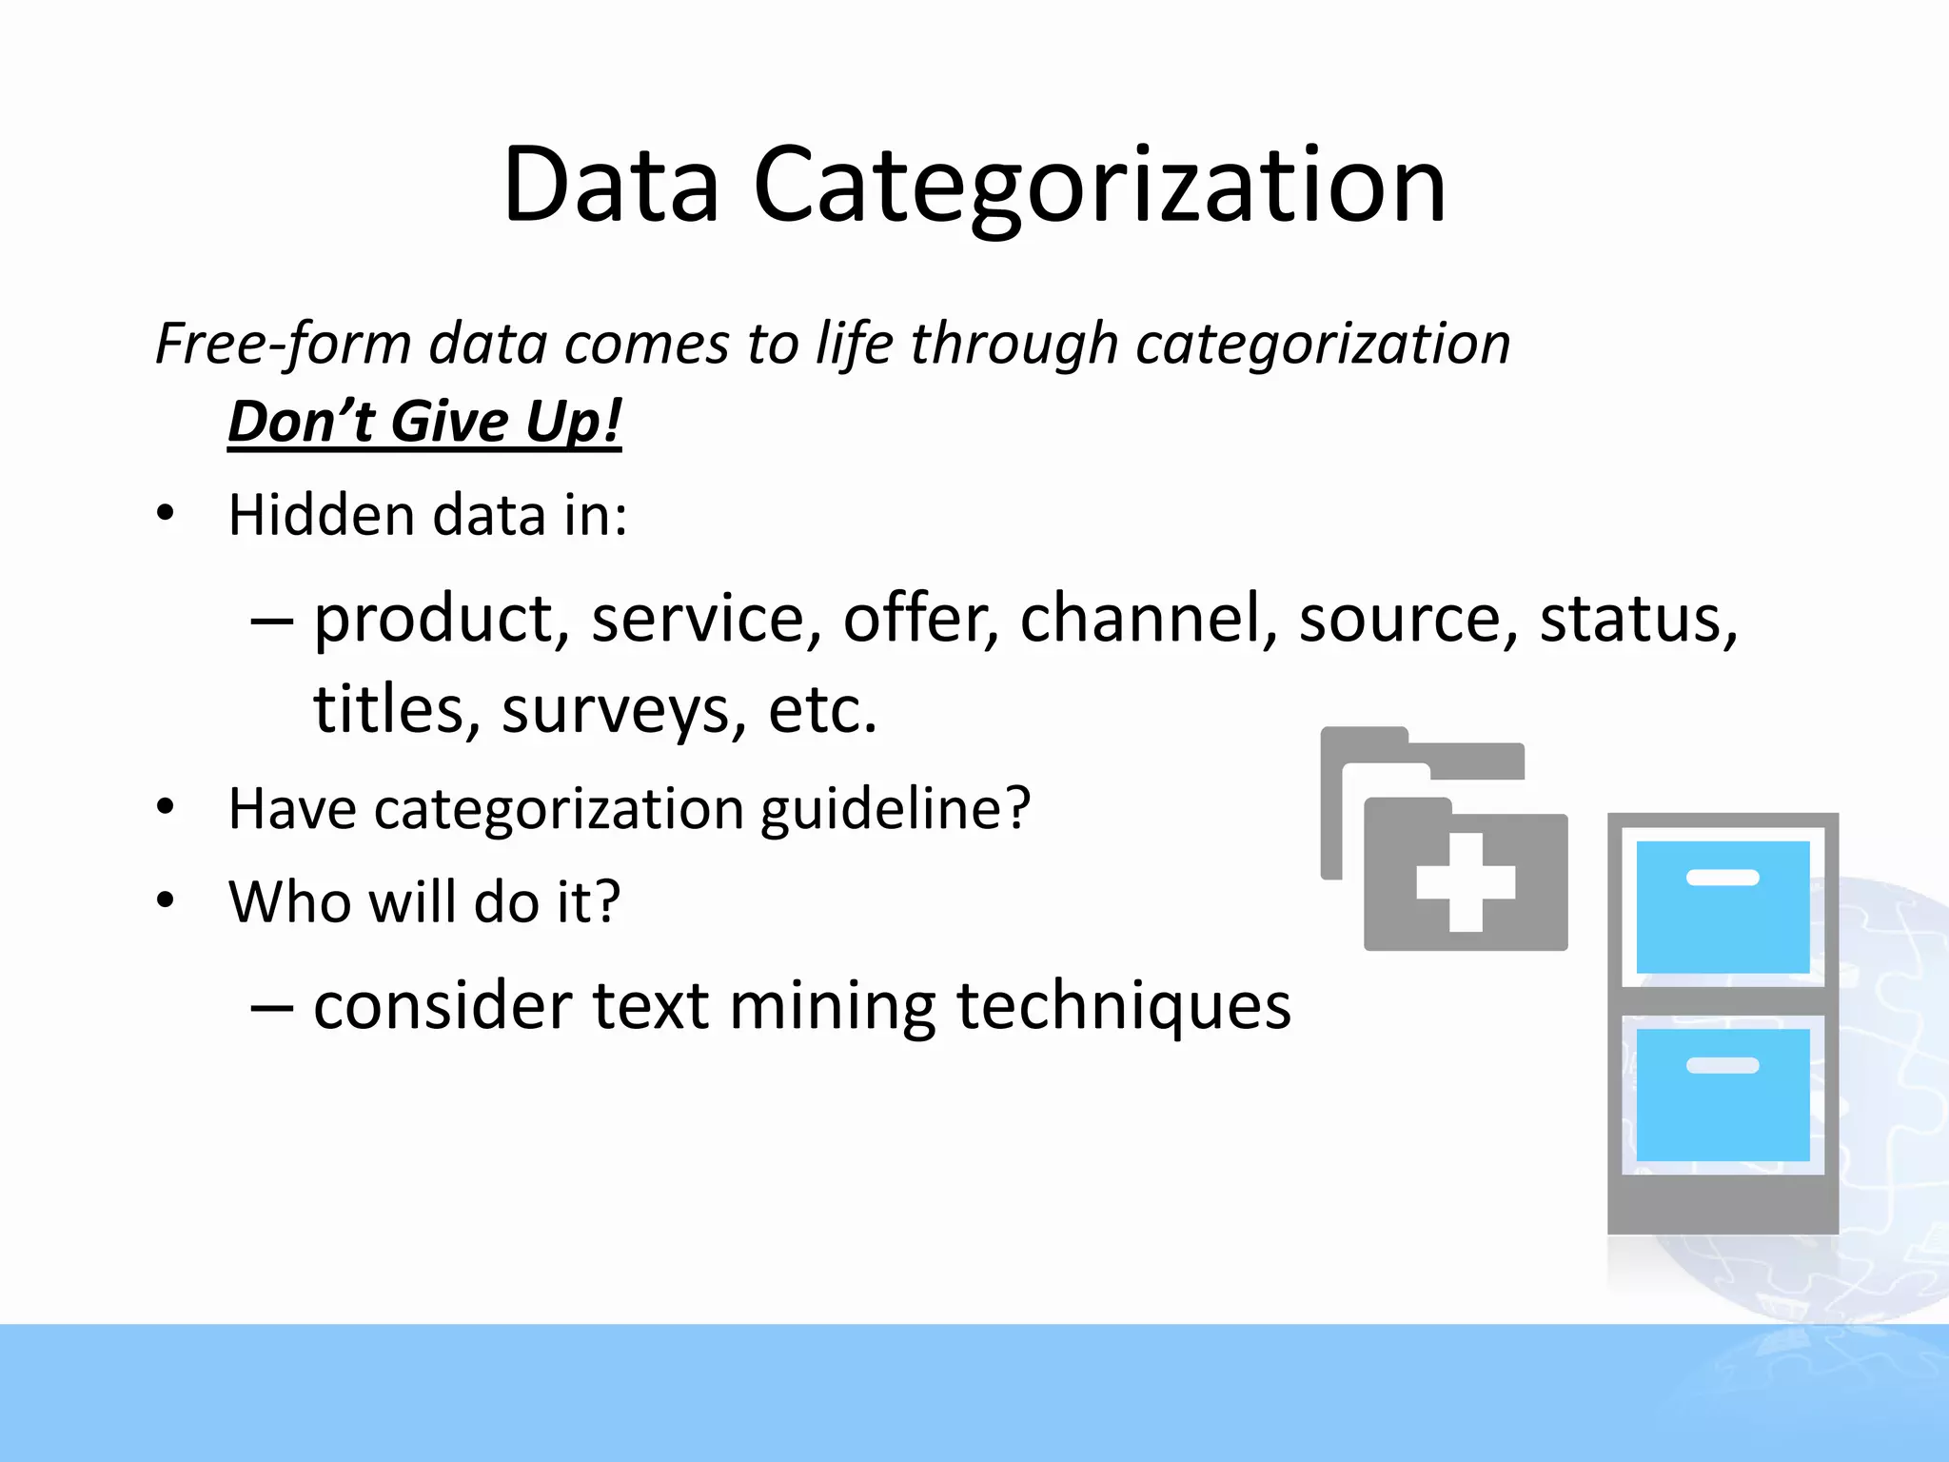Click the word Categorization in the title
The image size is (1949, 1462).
coord(1099,186)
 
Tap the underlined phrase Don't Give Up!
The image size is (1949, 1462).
coord(424,422)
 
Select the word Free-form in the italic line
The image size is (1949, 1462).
coord(283,344)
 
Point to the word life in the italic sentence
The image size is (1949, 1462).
coord(854,344)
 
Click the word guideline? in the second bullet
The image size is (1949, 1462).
coord(895,810)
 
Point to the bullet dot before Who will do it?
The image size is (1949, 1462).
coord(166,899)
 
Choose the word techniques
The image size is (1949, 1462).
coord(1124,1007)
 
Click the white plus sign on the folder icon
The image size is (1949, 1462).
coord(1466,882)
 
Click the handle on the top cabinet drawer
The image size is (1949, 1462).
coord(1723,878)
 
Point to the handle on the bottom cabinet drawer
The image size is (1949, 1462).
coord(1723,1065)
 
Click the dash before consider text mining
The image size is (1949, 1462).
coord(271,1007)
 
